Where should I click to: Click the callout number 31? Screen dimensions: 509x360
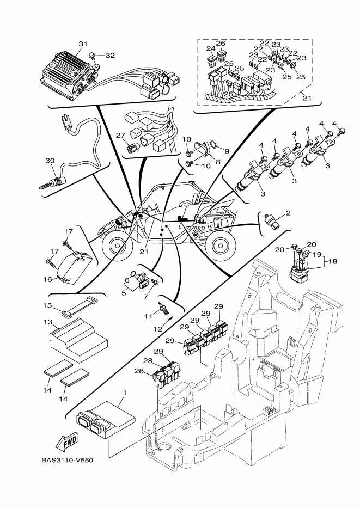pyautogui.click(x=83, y=44)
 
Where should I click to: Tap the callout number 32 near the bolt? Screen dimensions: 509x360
pyautogui.click(x=110, y=55)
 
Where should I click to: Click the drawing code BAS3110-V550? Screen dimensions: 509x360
pyautogui.click(x=67, y=460)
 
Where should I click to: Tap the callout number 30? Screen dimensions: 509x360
pyautogui.click(x=50, y=160)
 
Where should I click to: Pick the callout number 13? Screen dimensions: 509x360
pyautogui.click(x=47, y=322)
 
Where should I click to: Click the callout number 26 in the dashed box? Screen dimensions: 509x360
pyautogui.click(x=221, y=43)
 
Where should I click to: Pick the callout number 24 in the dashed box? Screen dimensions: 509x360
pyautogui.click(x=211, y=48)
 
